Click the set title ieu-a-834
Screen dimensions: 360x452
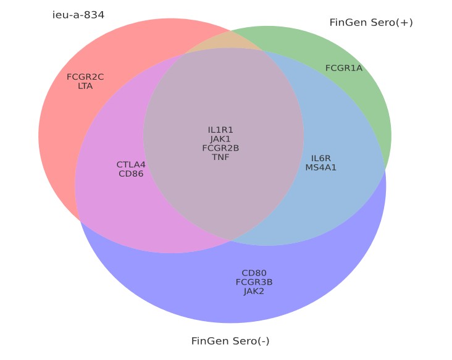78,14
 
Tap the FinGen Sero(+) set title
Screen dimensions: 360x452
371,22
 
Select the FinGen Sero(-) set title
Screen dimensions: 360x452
230,341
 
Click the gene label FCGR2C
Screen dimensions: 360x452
85,77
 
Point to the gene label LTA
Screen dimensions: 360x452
85,86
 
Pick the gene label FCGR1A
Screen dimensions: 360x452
344,68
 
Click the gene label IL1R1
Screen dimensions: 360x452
220,130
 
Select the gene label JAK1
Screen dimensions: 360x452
220,139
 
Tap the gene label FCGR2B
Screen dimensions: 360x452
220,148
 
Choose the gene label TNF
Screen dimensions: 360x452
220,157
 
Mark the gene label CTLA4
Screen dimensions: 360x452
131,165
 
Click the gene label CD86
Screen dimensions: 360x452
131,174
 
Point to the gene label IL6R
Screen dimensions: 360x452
320,159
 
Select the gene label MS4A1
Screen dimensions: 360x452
320,167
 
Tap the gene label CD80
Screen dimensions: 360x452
254,273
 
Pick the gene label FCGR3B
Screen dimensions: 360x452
254,282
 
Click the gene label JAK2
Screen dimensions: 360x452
254,291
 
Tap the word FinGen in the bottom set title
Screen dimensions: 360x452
208,341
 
